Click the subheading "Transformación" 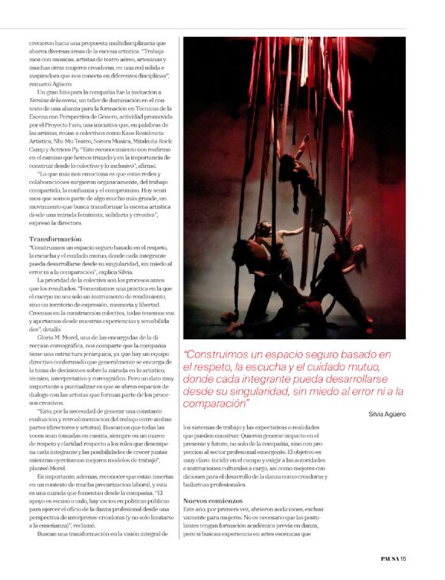click(55, 239)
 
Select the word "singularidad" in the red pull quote click(290, 391)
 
